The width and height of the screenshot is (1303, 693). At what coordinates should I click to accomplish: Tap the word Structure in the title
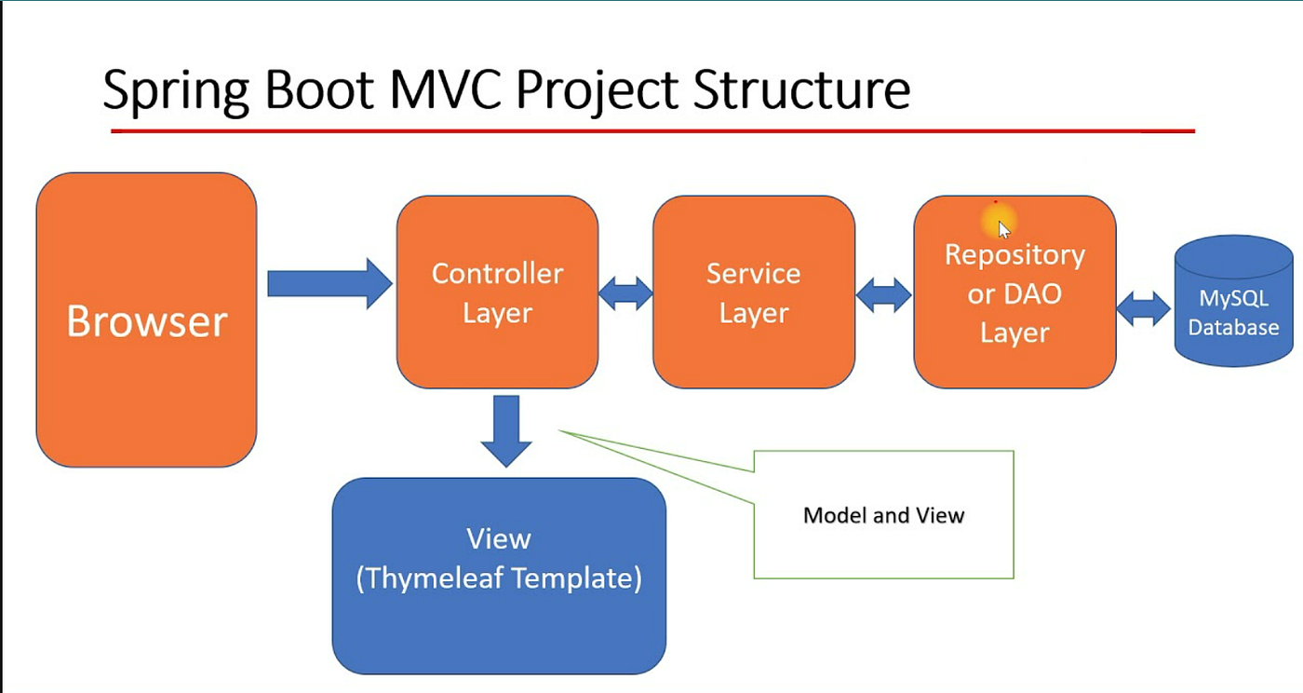pyautogui.click(x=801, y=89)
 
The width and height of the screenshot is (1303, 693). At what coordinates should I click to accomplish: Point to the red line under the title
pyautogui.click(x=652, y=131)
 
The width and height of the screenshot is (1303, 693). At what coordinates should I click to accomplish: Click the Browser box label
pyautogui.click(x=147, y=320)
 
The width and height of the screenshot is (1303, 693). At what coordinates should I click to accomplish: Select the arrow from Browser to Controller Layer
pyautogui.click(x=329, y=284)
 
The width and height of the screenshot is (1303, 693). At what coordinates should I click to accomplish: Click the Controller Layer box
pyautogui.click(x=497, y=292)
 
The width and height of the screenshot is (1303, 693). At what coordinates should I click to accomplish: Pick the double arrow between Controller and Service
pyautogui.click(x=625, y=293)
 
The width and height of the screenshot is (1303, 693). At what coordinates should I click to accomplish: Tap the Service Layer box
pyautogui.click(x=754, y=292)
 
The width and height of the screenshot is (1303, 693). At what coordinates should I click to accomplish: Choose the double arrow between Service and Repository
pyautogui.click(x=884, y=295)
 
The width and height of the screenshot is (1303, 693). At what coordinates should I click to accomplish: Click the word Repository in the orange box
pyautogui.click(x=1015, y=255)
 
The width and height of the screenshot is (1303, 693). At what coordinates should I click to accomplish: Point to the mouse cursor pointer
pyautogui.click(x=1004, y=229)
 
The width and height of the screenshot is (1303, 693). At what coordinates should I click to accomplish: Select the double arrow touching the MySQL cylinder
pyautogui.click(x=1144, y=308)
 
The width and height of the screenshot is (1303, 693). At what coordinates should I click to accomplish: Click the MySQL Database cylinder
pyautogui.click(x=1234, y=301)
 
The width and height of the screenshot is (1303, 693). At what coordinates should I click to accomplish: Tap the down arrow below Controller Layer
pyautogui.click(x=506, y=431)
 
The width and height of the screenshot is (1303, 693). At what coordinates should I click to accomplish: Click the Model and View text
pyautogui.click(x=883, y=515)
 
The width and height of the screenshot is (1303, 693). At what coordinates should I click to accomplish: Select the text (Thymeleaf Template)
pyautogui.click(x=499, y=578)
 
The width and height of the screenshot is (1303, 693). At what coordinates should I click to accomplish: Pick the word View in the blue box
pyautogui.click(x=499, y=538)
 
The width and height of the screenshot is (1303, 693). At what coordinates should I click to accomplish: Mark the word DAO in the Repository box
pyautogui.click(x=1032, y=294)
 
